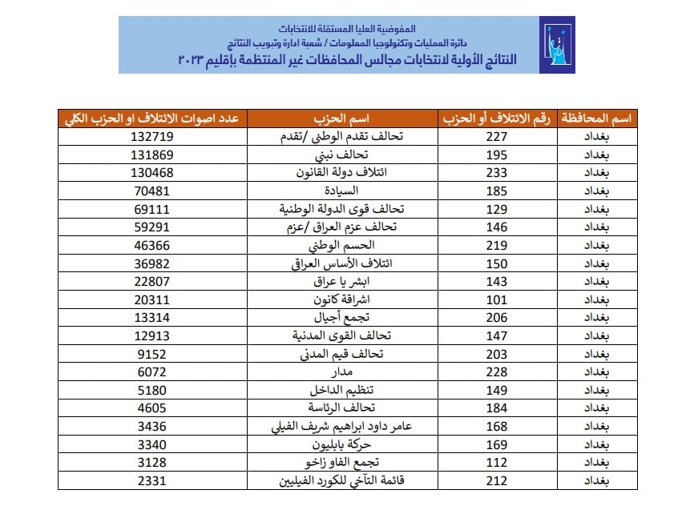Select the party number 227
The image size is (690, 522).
click(x=497, y=137)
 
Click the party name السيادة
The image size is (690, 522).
click(x=342, y=191)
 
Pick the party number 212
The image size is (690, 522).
click(x=497, y=480)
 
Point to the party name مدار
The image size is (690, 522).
click(x=342, y=371)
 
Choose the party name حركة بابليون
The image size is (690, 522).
click(x=342, y=444)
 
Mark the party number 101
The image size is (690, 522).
click(x=497, y=299)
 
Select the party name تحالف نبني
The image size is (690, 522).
click(x=342, y=155)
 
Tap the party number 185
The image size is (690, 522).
click(x=497, y=191)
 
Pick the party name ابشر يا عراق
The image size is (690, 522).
click(x=342, y=282)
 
